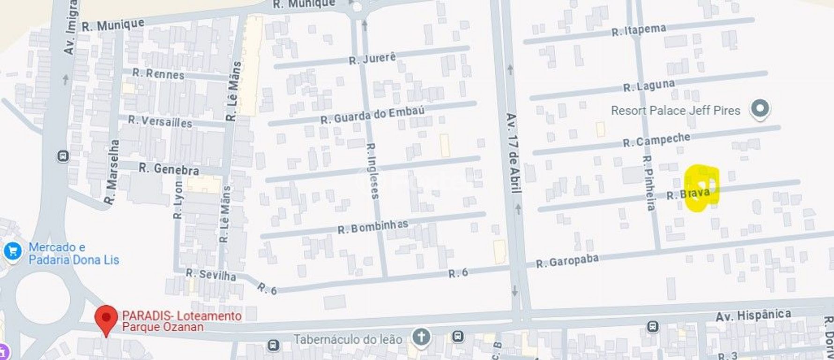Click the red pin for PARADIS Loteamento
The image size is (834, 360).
(x=106, y=318)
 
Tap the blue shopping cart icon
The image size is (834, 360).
(x=12, y=251)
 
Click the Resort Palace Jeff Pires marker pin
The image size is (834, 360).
(x=760, y=109)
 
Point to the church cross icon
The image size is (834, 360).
(x=422, y=337)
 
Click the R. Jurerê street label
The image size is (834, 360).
(x=372, y=59)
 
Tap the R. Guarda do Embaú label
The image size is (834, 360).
(x=372, y=115)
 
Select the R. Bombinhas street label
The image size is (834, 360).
(x=372, y=227)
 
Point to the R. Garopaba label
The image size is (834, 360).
(x=567, y=261)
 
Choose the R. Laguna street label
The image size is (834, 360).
(x=649, y=86)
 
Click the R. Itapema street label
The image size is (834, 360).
(x=639, y=30)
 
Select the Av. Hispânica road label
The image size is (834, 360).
(x=753, y=315)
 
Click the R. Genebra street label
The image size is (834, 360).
(x=169, y=169)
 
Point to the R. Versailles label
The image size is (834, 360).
(x=160, y=121)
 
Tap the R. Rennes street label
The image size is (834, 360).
(x=158, y=74)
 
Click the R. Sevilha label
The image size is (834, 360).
(x=211, y=274)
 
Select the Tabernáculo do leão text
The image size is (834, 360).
(x=348, y=338)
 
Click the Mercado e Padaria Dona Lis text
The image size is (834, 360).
(x=74, y=254)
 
